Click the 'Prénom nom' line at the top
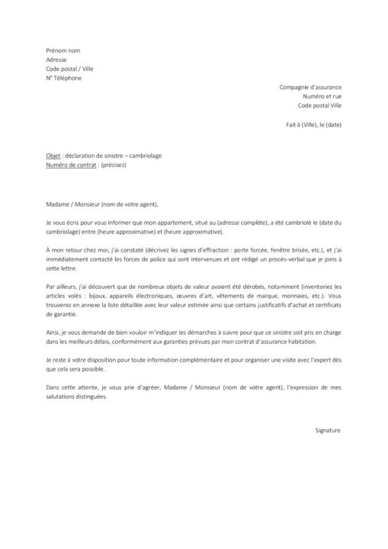63,50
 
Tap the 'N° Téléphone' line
65,78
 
